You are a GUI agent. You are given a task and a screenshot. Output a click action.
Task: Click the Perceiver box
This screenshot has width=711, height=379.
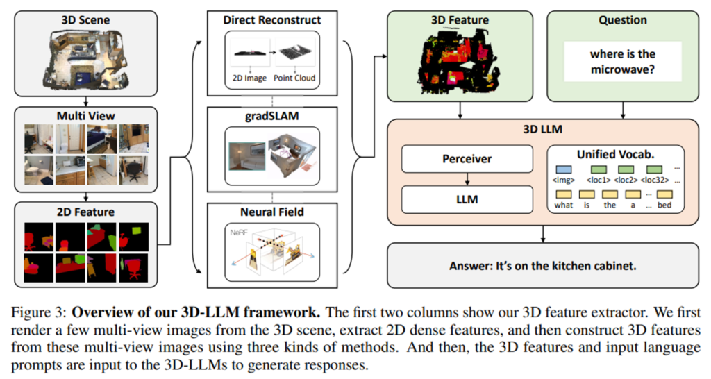pos(467,159)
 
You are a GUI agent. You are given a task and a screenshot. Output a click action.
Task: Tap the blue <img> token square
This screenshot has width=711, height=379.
pos(563,169)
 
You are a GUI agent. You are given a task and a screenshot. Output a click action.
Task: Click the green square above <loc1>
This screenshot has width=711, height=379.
pos(598,169)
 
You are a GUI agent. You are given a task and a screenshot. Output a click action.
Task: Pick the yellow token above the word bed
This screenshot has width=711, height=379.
pos(665,194)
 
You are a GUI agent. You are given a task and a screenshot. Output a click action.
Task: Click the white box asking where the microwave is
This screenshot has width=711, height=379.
pos(621,62)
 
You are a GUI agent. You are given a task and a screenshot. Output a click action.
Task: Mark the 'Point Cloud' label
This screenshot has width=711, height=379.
pos(295,78)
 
